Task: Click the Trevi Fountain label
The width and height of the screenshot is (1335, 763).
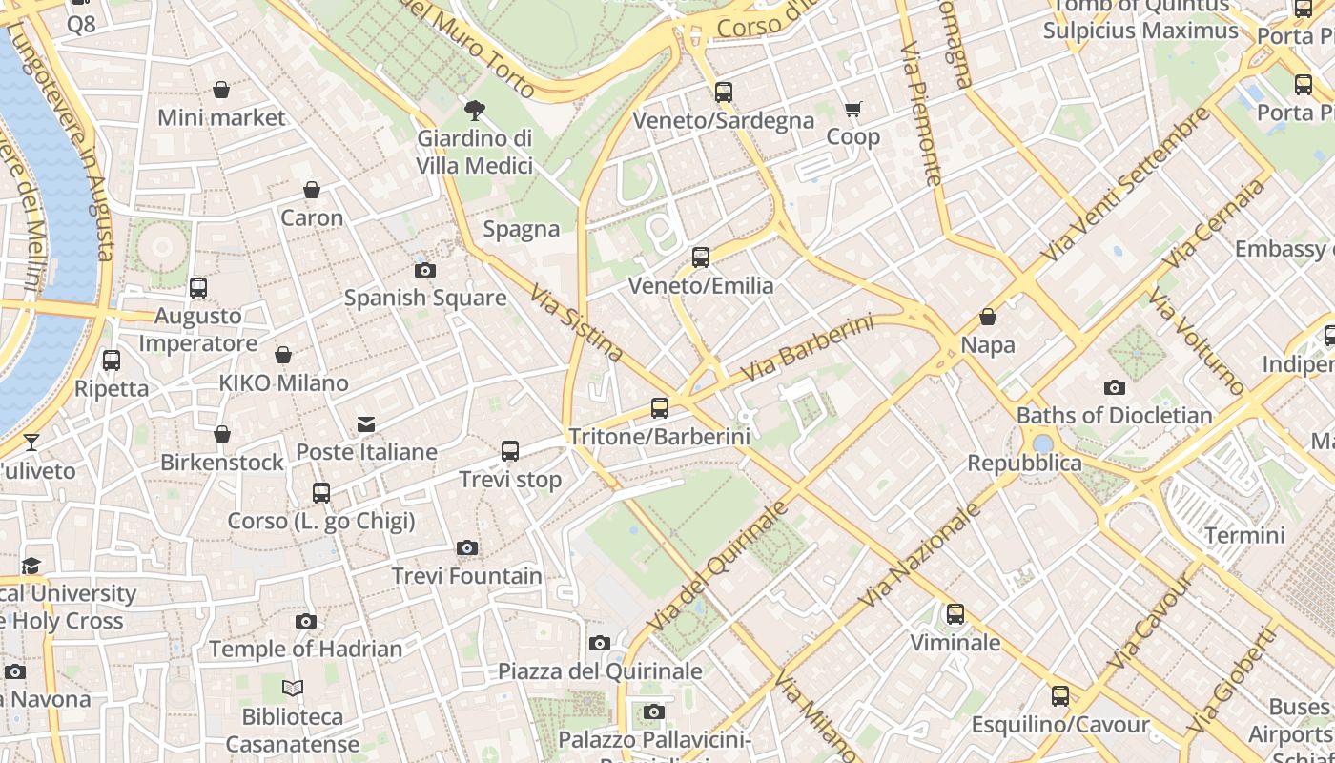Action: [x=467, y=576]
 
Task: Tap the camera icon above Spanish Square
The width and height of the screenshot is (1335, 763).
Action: [x=425, y=270]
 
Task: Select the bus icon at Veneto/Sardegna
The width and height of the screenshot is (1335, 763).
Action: [x=724, y=93]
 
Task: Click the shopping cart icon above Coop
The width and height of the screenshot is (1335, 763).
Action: [x=853, y=109]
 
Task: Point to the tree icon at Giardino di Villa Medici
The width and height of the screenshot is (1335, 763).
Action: [x=474, y=111]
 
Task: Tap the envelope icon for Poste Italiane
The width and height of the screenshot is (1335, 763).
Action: [x=366, y=424]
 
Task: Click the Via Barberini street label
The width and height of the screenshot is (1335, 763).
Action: [x=807, y=348]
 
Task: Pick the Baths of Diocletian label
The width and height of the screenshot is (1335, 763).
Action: [x=1114, y=415]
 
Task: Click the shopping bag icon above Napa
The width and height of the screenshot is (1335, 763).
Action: [x=988, y=317]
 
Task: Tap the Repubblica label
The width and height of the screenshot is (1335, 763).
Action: [x=1024, y=464]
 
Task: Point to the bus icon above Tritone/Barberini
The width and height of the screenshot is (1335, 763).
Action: [x=659, y=408]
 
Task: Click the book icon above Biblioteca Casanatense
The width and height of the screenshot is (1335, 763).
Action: [x=293, y=688]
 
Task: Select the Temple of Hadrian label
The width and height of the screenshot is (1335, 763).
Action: [x=305, y=650]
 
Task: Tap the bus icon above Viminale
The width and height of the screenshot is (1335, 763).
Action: [x=955, y=614]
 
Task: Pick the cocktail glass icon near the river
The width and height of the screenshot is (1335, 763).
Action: [x=31, y=442]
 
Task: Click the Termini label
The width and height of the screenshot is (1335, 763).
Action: [x=1243, y=535]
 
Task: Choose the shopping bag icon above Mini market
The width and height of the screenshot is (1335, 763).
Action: [x=221, y=90]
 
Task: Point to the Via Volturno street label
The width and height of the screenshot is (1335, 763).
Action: [x=1196, y=340]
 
